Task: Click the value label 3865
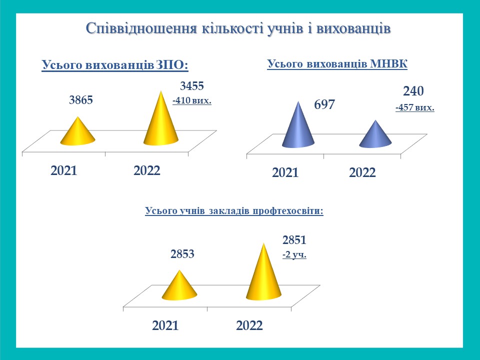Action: click(81, 100)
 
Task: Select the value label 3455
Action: click(192, 86)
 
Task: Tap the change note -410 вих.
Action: click(192, 100)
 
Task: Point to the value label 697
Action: click(324, 104)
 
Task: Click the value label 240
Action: click(413, 91)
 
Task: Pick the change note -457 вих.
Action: click(415, 108)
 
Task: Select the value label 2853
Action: click(182, 254)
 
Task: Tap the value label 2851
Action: click(294, 240)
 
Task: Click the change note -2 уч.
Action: click(294, 254)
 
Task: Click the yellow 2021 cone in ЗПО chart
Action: click(78, 132)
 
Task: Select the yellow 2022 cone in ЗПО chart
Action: click(161, 121)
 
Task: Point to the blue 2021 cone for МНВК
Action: click(298, 127)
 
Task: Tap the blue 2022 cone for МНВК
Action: click(375, 135)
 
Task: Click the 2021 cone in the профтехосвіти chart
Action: click(179, 286)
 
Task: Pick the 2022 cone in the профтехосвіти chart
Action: click(263, 274)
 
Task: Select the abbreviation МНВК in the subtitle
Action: click(389, 64)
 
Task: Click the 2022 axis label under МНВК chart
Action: click(362, 173)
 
